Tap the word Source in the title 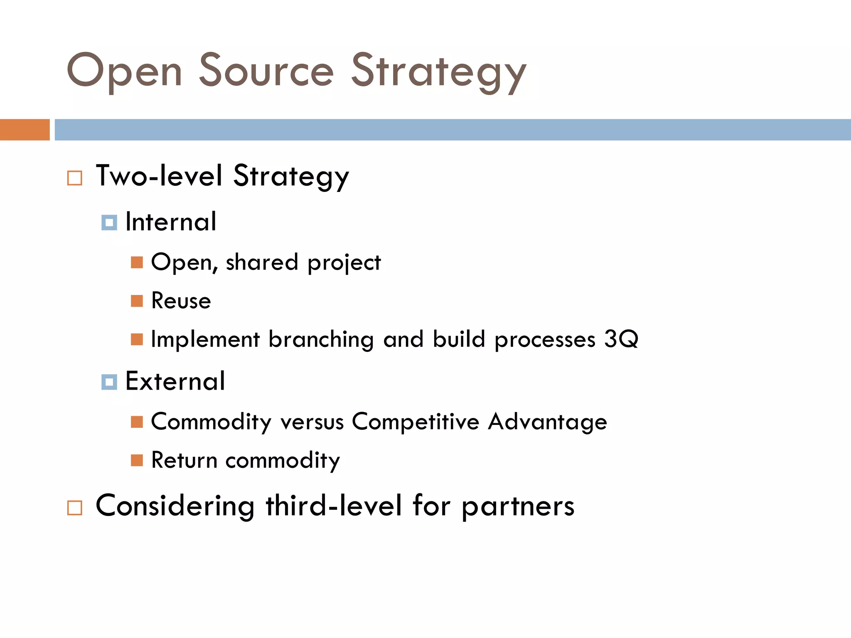click(266, 71)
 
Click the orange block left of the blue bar click(25, 130)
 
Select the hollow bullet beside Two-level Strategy click(75, 178)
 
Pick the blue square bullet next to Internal click(109, 223)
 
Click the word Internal click(171, 222)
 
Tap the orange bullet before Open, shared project click(137, 263)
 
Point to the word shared click(262, 263)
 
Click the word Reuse click(181, 301)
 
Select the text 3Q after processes click(621, 339)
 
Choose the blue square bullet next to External click(109, 382)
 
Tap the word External click(175, 381)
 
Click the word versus click(312, 422)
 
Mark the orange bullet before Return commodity click(137, 460)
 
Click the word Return click(184, 460)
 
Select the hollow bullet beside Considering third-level click(75, 508)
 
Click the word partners click(518, 507)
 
